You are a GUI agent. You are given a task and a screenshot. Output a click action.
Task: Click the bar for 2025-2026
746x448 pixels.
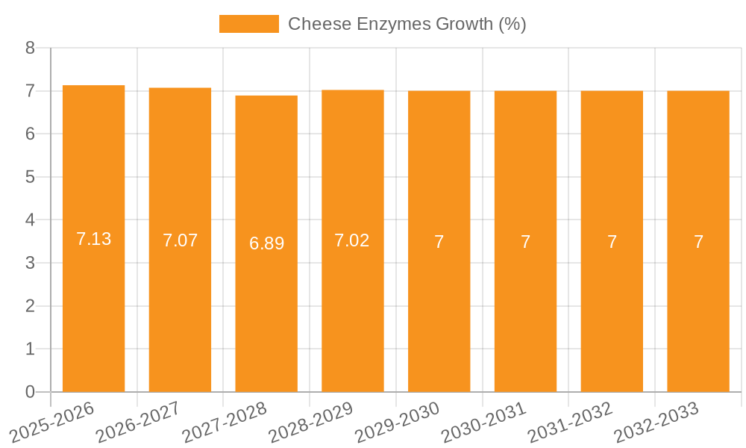[x=93, y=239]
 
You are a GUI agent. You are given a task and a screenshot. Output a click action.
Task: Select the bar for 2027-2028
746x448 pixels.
[x=266, y=243]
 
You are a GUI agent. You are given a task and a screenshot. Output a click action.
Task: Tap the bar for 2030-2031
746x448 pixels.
[x=525, y=241]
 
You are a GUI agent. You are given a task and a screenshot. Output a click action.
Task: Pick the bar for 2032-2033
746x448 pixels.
[x=698, y=241]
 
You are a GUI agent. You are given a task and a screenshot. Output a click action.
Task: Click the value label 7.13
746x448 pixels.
[x=93, y=239]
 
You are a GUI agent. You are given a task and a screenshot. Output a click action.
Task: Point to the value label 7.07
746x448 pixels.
[x=180, y=240]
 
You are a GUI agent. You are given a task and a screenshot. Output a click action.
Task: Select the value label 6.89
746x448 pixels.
[x=266, y=243]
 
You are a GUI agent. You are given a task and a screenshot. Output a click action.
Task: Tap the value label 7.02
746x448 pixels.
[x=352, y=240]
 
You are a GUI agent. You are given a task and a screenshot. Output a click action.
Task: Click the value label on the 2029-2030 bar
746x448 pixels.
[x=439, y=242]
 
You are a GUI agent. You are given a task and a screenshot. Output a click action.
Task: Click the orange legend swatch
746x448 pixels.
[x=248, y=24]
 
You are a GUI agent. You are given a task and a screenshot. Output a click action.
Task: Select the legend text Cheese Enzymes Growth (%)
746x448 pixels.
[x=407, y=24]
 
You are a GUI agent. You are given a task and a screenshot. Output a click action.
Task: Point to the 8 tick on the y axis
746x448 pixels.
[x=30, y=48]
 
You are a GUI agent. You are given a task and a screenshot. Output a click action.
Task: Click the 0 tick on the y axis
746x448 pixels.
[x=30, y=392]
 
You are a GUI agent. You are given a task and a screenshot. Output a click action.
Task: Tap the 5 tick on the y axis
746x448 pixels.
[x=30, y=177]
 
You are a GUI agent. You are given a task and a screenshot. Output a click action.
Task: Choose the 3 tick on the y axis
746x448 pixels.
[x=30, y=263]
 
